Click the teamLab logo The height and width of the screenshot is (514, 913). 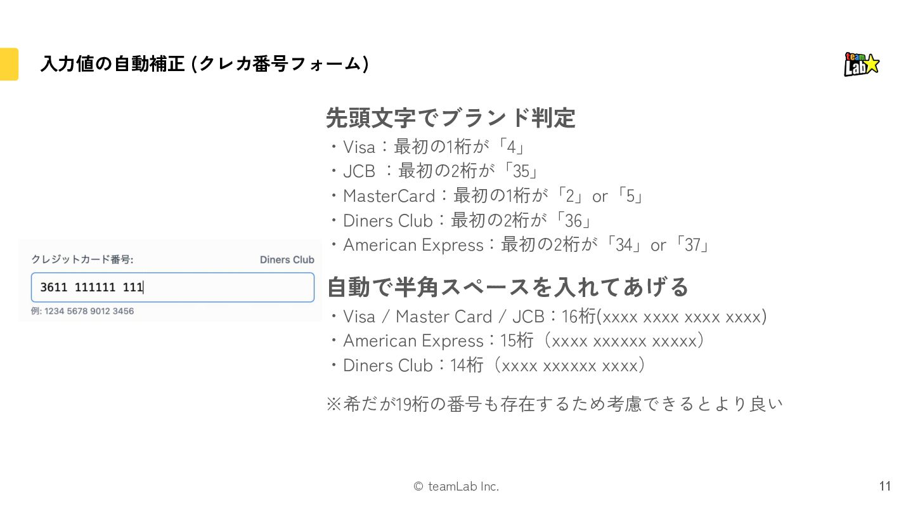pyautogui.click(x=862, y=64)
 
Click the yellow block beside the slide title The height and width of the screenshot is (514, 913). pyautogui.click(x=9, y=64)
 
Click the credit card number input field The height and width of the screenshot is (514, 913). pyautogui.click(x=172, y=287)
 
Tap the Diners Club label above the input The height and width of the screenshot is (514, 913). pyautogui.click(x=287, y=260)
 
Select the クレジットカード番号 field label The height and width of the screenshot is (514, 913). pyautogui.click(x=82, y=260)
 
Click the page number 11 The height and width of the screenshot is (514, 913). pyautogui.click(x=885, y=486)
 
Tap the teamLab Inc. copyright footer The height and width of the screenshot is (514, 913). pyautogui.click(x=456, y=487)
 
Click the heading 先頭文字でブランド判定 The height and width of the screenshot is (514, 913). pyautogui.click(x=450, y=118)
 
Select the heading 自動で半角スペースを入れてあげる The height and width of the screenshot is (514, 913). pyautogui.click(x=507, y=287)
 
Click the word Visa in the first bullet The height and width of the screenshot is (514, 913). pyautogui.click(x=359, y=147)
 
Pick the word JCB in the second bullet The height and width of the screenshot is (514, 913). pyautogui.click(x=359, y=171)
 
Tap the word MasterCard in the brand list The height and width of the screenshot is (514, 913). pyautogui.click(x=389, y=196)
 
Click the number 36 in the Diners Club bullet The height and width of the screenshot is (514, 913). pyautogui.click(x=573, y=220)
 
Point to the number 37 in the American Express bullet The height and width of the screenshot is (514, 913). pyautogui.click(x=692, y=245)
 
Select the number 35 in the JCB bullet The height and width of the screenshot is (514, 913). pyautogui.click(x=521, y=171)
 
